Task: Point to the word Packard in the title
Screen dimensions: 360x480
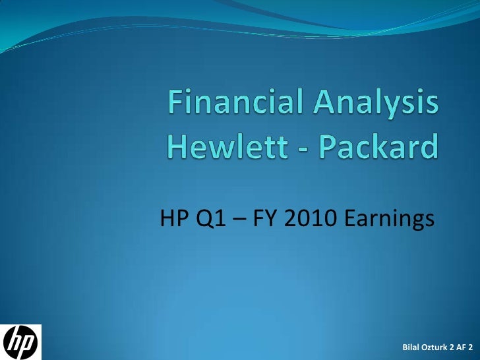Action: [379, 146]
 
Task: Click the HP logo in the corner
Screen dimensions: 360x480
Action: [20, 342]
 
